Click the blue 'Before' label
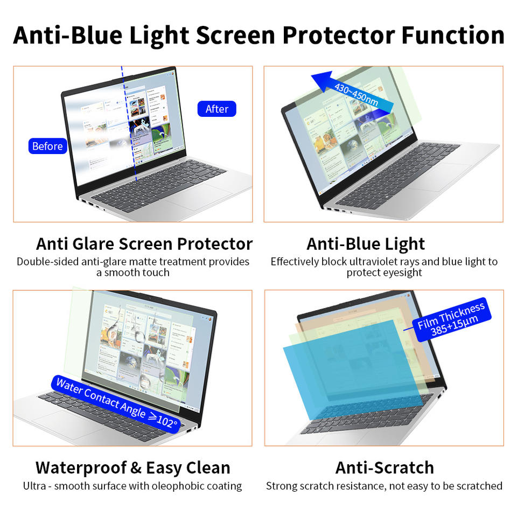pyautogui.click(x=48, y=146)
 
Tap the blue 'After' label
pyautogui.click(x=216, y=109)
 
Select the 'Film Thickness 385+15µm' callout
pyautogui.click(x=452, y=320)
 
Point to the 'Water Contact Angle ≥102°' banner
pyautogui.click(x=116, y=404)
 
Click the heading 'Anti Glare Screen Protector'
pyautogui.click(x=144, y=244)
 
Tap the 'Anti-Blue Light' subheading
pyautogui.click(x=366, y=244)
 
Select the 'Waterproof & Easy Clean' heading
pyautogui.click(x=133, y=468)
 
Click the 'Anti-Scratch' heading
pyautogui.click(x=385, y=468)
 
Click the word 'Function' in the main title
pyautogui.click(x=453, y=35)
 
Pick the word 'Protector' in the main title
pyautogui.click(x=339, y=35)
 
